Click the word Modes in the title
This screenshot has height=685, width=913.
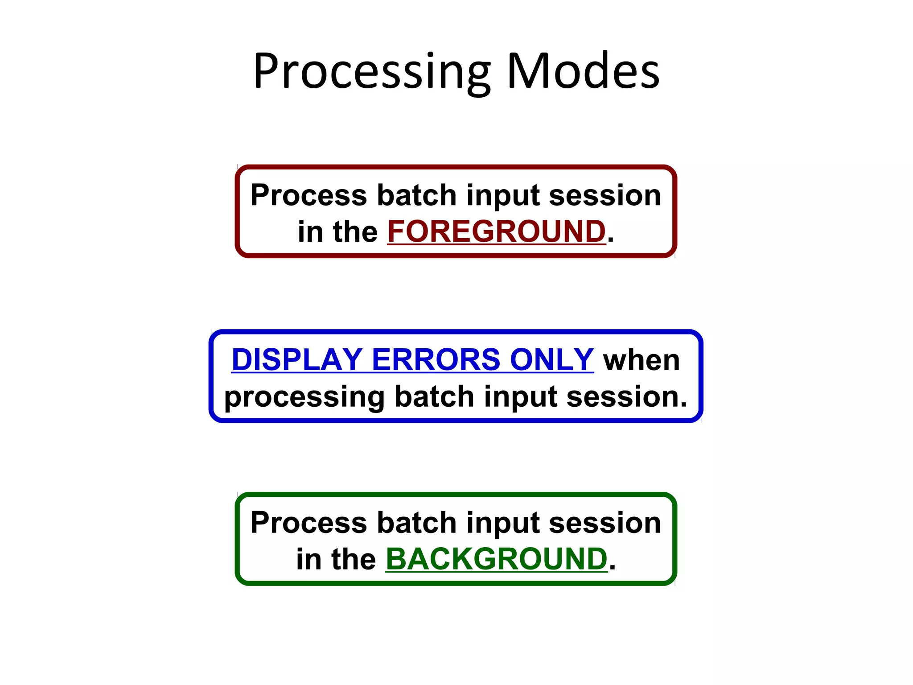pos(583,71)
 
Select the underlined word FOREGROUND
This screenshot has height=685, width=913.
pos(496,232)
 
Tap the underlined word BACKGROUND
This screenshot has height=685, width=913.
pos(496,559)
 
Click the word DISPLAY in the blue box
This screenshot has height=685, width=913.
pos(297,359)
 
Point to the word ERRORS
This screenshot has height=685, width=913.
pos(436,359)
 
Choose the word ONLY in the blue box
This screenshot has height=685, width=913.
pos(551,359)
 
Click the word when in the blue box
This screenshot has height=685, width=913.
pos(642,360)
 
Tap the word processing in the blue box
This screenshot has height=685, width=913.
pos(304,397)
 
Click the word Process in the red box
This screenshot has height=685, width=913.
pos(308,195)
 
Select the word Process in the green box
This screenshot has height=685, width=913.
pos(308,523)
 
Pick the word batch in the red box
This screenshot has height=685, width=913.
pos(417,195)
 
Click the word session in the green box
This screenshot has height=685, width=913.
pos(605,523)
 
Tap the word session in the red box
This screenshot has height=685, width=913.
pos(605,195)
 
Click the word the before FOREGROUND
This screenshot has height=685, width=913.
pos(355,232)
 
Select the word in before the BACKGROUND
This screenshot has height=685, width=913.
pos(308,559)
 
